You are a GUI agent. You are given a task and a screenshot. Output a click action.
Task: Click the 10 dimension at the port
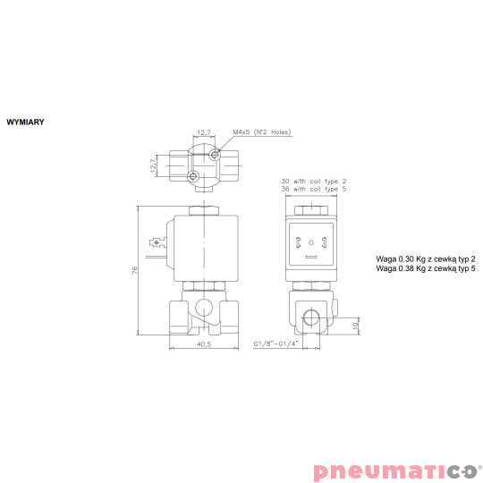point(355,326)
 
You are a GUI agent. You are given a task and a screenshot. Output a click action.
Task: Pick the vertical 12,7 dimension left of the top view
point(152,164)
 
